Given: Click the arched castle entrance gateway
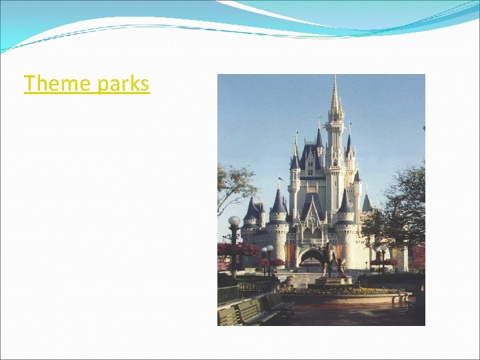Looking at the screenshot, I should tap(311, 257).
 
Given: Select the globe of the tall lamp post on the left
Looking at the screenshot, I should tap(234, 221).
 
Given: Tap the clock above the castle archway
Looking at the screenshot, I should tap(312, 219).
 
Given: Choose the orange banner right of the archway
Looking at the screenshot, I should tap(339, 252).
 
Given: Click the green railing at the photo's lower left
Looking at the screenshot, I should tap(229, 294).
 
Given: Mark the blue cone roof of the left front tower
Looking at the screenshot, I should tap(278, 201).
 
